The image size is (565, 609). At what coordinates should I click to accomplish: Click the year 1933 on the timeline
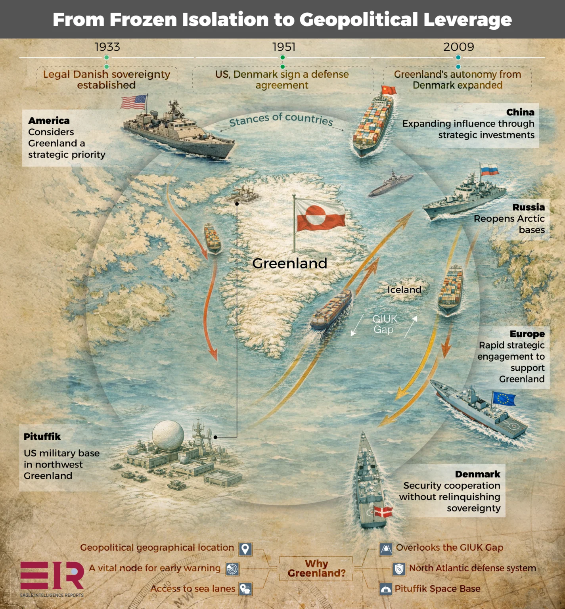pos(107,47)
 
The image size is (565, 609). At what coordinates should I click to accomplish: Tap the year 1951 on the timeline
pos(284,47)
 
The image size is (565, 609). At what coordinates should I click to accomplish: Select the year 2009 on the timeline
pos(459,47)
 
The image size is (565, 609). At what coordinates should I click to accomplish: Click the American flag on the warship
pos(133,102)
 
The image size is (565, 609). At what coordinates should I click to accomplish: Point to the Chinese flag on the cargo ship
pos(389,90)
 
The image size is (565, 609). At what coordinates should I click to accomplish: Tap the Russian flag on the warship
pos(490,170)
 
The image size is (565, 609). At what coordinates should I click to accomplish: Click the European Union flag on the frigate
pos(504,398)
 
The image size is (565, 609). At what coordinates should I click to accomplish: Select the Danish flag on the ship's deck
pos(383,511)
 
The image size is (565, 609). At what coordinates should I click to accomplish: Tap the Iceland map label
pos(404,290)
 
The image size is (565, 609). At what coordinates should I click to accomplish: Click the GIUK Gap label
pos(384,324)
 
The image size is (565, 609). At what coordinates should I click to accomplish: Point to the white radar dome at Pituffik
pos(168,435)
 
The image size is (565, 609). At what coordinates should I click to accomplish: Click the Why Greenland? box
pos(316,569)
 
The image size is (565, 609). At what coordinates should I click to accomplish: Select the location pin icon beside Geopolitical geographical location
pos(245,549)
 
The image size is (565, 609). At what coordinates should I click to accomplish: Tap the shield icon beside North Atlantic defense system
pos(399,569)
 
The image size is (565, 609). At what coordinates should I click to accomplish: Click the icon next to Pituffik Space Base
pos(385,589)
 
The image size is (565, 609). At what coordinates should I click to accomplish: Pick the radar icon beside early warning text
pos(232,569)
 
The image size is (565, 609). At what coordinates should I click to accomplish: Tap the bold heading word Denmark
pos(477,474)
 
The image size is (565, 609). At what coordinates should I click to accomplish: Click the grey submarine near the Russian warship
pos(390,184)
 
